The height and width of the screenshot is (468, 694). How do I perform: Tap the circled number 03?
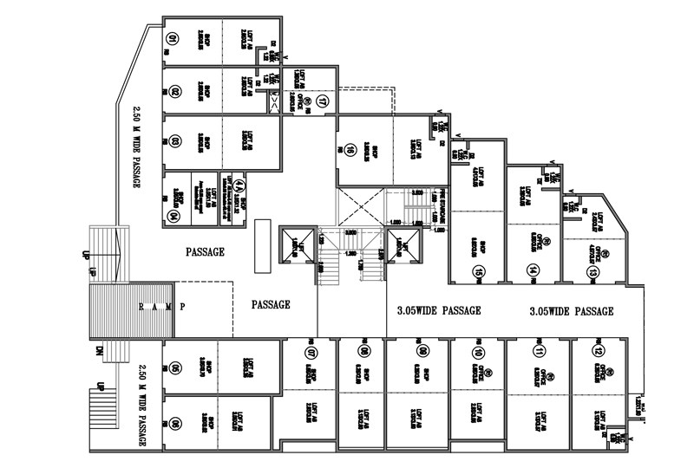(x=174, y=140)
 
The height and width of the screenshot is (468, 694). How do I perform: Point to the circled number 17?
(x=322, y=100)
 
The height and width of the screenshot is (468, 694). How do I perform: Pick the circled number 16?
(x=350, y=150)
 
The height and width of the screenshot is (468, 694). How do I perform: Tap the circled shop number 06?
(x=175, y=424)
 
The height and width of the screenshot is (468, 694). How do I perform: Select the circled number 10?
(x=478, y=353)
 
